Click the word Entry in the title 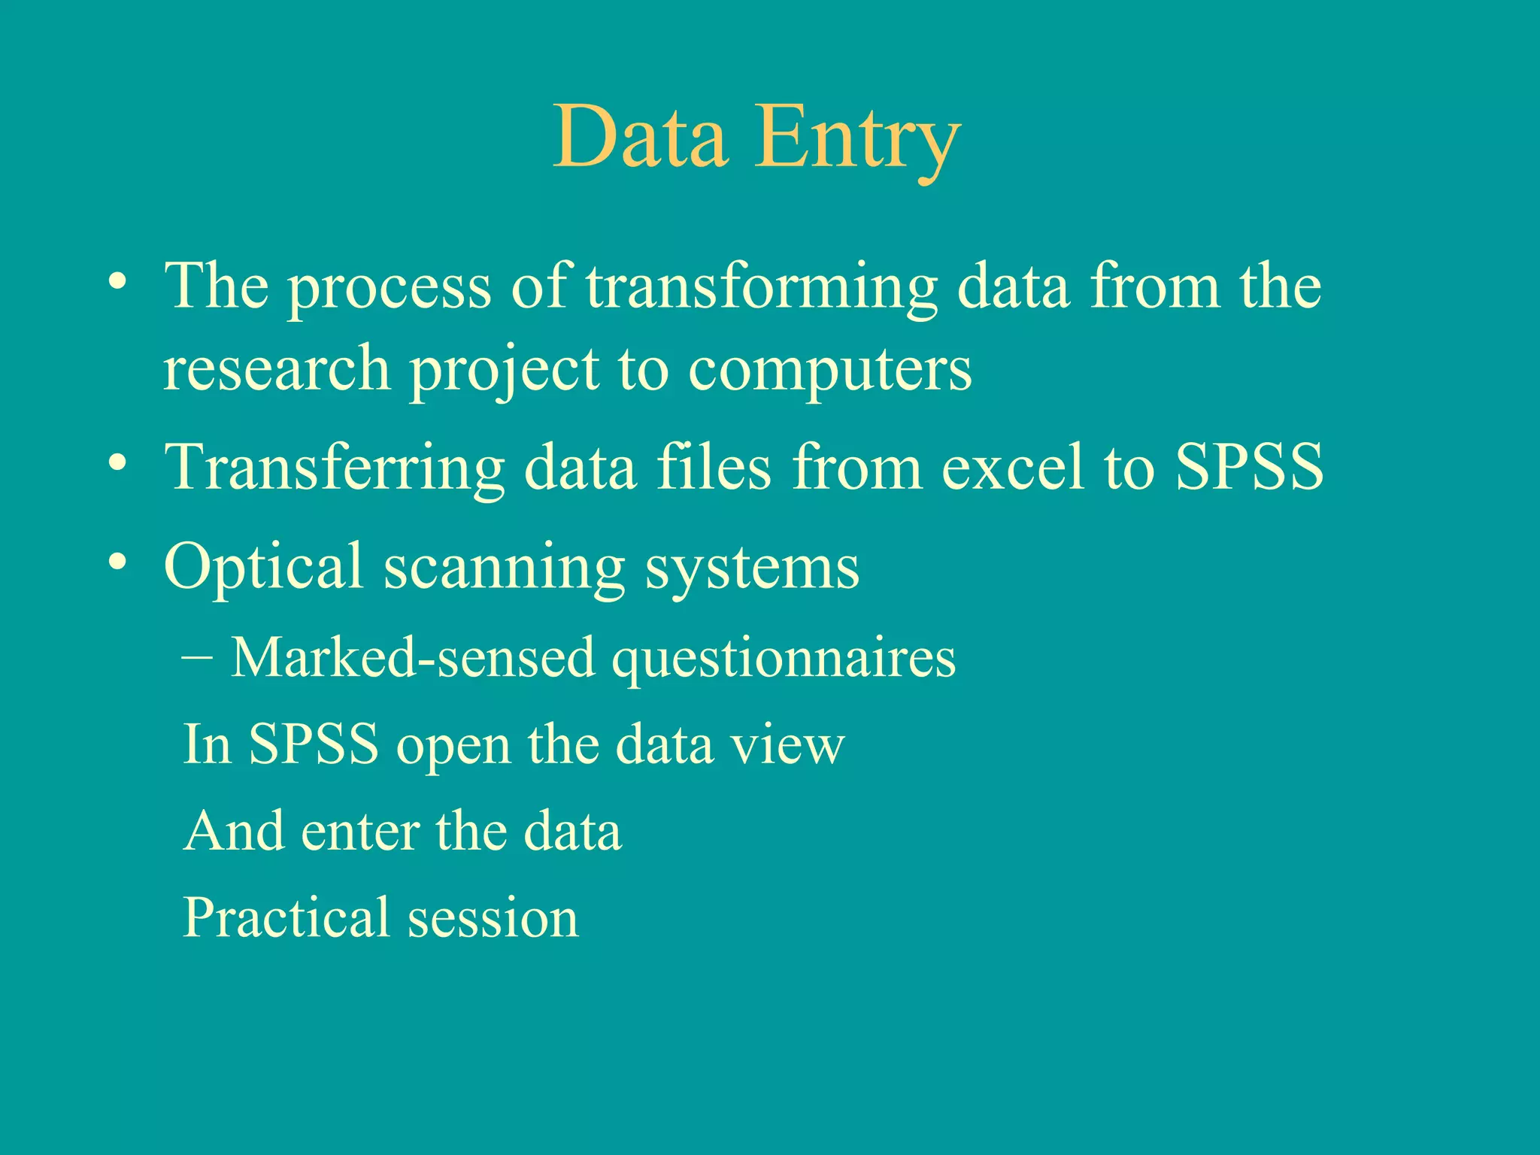click(x=857, y=139)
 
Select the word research click(x=277, y=370)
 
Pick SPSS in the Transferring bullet click(x=1249, y=468)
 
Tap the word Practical click(x=285, y=918)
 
